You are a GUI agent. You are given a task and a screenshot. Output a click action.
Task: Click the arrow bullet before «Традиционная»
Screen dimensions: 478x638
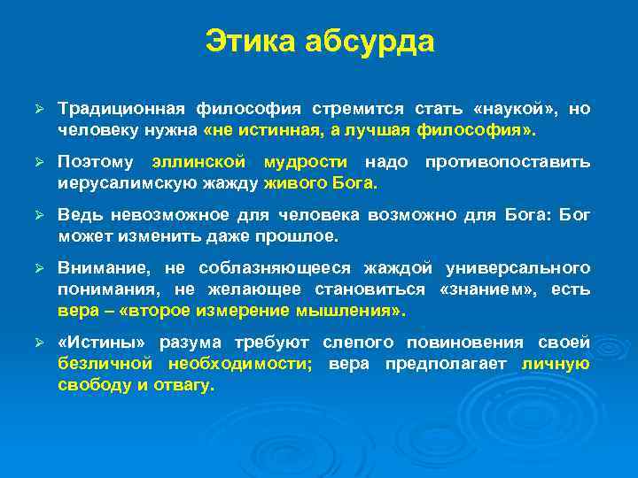38,109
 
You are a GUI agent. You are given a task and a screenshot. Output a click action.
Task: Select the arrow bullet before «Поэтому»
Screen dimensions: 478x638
38,163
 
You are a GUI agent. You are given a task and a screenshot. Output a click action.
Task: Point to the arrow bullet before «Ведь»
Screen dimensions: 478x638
38,216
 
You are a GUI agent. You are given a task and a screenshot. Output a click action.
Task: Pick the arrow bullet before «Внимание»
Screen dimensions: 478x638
38,268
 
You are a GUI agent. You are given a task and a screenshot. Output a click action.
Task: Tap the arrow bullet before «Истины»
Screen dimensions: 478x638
38,343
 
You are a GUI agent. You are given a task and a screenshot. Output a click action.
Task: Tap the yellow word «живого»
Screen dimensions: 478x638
293,183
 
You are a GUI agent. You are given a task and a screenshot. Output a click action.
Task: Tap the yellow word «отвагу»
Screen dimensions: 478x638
185,385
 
